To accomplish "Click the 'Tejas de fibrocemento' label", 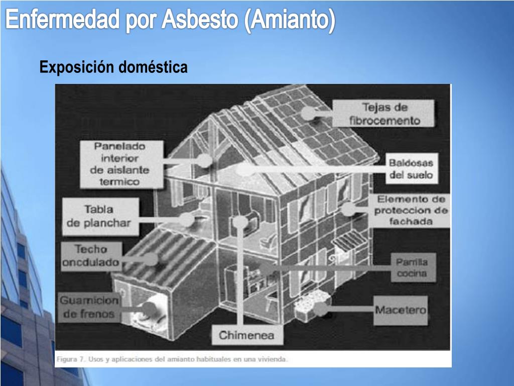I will (x=384, y=114).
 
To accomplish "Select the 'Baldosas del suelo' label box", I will (x=411, y=169).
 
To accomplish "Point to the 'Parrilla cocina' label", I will (x=412, y=267).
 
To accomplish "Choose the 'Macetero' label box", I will (x=401, y=310).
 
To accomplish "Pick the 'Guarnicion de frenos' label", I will (x=89, y=308).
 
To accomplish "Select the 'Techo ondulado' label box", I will (x=91, y=256).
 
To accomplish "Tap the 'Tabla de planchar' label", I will (x=98, y=216).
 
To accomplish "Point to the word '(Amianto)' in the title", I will (x=291, y=21).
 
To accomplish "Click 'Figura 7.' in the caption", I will (x=70, y=359).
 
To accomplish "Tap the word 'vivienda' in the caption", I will (x=273, y=359).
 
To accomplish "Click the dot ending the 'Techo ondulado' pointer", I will (x=151, y=259).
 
